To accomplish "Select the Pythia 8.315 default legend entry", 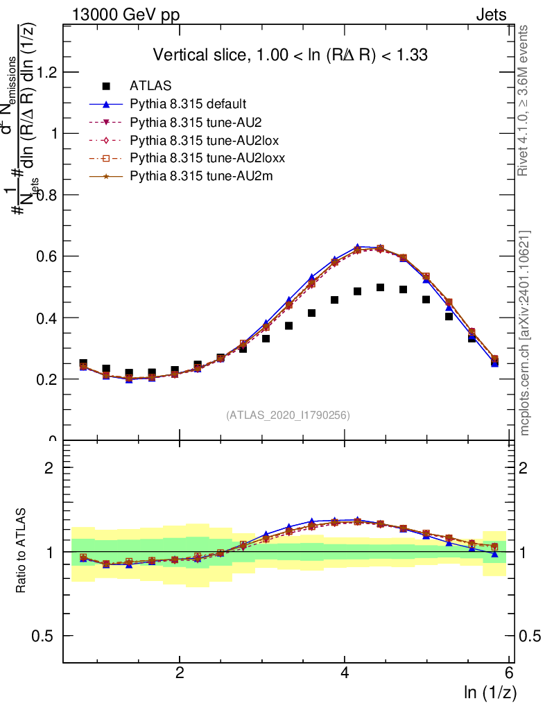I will click(x=187, y=104).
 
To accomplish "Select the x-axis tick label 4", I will click(x=345, y=673).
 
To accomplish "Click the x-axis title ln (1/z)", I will click(x=490, y=692).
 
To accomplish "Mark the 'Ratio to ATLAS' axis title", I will click(x=22, y=551).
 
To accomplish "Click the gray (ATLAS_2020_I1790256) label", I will click(x=287, y=415).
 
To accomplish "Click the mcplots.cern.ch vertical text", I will click(x=525, y=333).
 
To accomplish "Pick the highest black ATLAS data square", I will click(x=381, y=287).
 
